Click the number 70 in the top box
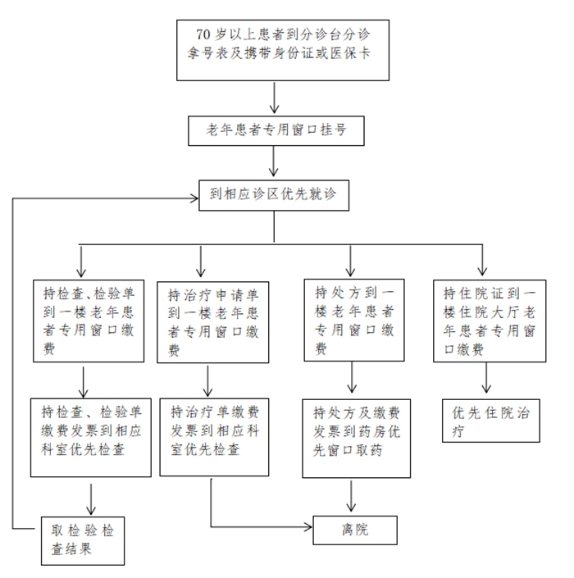tap(203, 34)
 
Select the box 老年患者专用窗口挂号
tap(276, 131)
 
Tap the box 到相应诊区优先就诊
tap(274, 195)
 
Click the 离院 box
tap(355, 530)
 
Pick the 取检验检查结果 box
tap(83, 541)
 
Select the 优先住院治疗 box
tap(491, 421)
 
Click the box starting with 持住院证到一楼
tap(490, 321)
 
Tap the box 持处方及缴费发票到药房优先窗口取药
tap(356, 439)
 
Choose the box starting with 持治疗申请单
tap(212, 322)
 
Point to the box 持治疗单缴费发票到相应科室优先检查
tap(214, 437)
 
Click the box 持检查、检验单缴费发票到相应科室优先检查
tap(91, 438)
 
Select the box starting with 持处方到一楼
tap(354, 320)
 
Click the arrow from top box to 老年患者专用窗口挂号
tap(274, 98)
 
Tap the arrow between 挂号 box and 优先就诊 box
tap(274, 161)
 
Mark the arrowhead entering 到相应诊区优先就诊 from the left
tap(194, 198)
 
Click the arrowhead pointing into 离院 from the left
tap(308, 527)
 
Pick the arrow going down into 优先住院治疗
tap(486, 377)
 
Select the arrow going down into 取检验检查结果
tap(91, 499)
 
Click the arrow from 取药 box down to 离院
tap(351, 496)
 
